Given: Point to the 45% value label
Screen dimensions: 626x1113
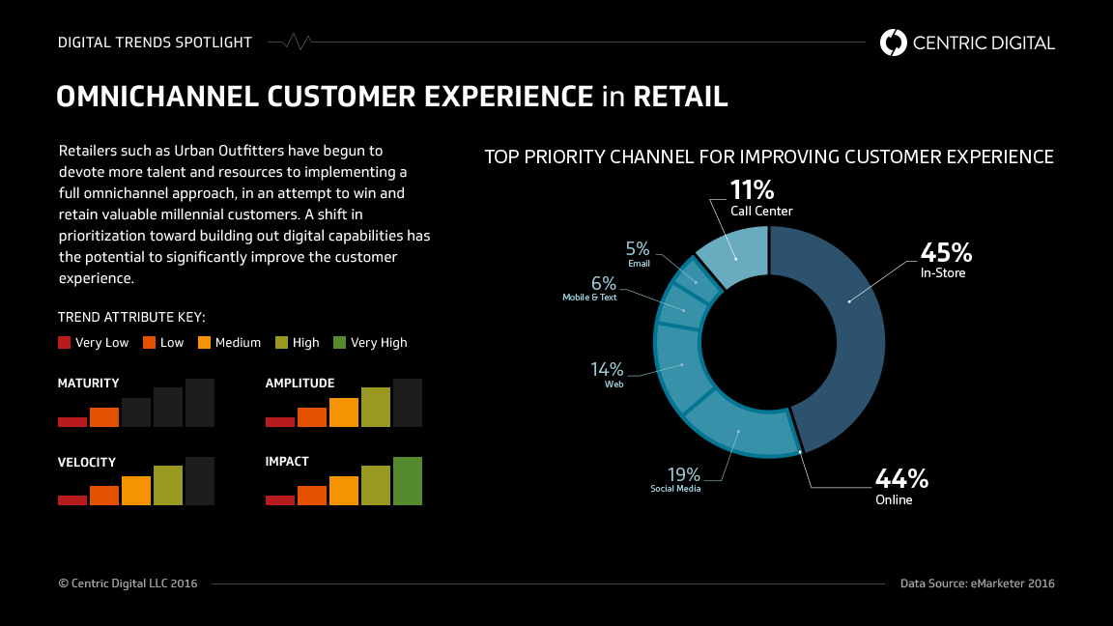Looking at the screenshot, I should (946, 253).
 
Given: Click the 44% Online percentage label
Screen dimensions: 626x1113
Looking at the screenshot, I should (901, 478).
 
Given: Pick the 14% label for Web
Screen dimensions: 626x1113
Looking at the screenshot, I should (607, 369).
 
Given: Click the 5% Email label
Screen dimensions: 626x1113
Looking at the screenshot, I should (638, 248).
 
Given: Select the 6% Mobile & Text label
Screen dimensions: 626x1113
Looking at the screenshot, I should (603, 283).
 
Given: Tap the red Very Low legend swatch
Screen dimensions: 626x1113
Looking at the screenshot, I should (65, 342).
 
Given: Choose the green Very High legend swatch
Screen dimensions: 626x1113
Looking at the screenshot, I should (339, 342).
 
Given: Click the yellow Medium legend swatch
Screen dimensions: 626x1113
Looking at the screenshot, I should (204, 342).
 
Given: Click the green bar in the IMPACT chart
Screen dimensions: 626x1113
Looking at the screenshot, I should (408, 480).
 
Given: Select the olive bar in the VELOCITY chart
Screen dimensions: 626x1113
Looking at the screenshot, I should (168, 485).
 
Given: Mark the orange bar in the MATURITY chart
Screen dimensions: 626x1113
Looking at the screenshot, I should (104, 416).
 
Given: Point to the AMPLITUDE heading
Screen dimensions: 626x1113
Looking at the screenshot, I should (300, 384).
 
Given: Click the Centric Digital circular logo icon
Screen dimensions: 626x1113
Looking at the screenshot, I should (894, 43).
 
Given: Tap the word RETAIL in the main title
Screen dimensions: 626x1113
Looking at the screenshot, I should (680, 97).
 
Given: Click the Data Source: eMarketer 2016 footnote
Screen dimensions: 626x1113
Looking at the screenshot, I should (977, 583).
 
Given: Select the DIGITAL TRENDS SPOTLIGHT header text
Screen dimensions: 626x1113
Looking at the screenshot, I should (155, 43).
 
